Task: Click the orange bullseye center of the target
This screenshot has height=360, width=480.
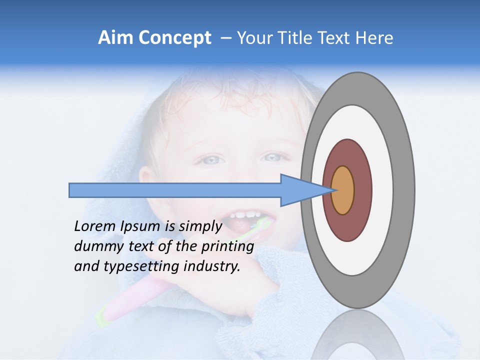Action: pyautogui.click(x=342, y=190)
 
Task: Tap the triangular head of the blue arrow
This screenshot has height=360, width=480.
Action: pyautogui.click(x=300, y=190)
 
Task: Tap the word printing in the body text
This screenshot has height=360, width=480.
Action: pyautogui.click(x=227, y=246)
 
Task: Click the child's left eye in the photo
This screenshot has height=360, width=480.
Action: pyautogui.click(x=272, y=158)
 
